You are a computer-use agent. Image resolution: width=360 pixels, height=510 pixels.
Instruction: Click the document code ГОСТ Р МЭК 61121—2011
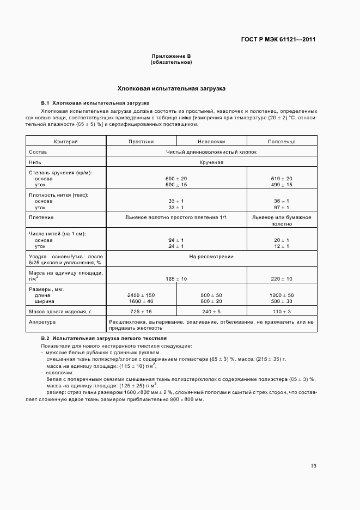(x=278, y=40)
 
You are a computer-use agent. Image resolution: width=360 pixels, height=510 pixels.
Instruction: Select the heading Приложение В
(x=171, y=56)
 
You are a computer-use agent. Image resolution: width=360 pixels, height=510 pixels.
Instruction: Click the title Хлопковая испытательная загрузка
(x=172, y=88)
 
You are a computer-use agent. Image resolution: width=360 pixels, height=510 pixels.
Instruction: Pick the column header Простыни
(x=141, y=142)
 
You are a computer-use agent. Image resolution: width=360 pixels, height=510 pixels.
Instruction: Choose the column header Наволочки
(x=211, y=142)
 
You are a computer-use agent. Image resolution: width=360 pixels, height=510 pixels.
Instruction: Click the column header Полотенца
(x=282, y=142)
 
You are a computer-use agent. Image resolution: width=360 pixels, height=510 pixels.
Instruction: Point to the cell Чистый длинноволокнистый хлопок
(x=211, y=152)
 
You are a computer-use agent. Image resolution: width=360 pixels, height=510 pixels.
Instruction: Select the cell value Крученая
(x=211, y=162)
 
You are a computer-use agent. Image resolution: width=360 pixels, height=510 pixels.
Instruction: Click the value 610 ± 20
(x=282, y=179)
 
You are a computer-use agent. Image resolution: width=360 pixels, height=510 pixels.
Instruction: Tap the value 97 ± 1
(x=282, y=208)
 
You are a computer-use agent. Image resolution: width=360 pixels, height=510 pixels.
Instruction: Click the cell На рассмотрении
(x=211, y=256)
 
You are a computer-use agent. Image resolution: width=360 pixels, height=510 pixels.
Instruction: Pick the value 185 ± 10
(x=176, y=279)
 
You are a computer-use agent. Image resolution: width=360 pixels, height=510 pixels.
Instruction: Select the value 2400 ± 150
(x=141, y=295)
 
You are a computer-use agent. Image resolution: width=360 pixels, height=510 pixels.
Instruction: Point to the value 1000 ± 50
(x=282, y=295)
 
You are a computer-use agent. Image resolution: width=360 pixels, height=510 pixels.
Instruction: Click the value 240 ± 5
(x=211, y=311)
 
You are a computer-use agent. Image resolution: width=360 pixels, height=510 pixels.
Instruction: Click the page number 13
(x=313, y=466)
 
